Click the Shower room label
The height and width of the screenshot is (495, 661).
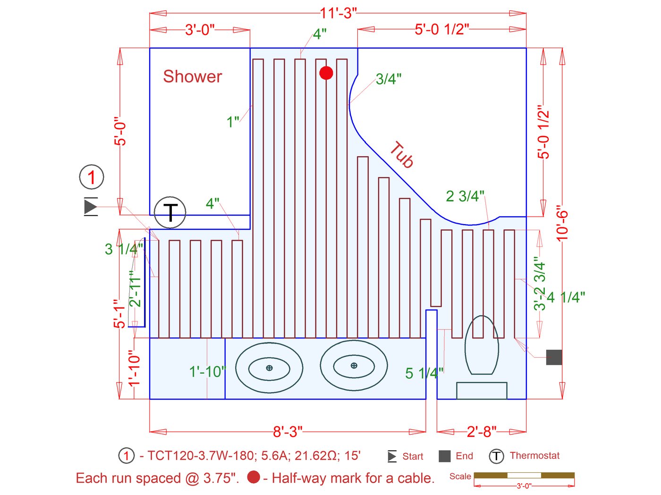pos(193,76)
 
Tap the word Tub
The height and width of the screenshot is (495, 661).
pos(402,154)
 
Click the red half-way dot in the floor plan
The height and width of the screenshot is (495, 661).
pos(326,73)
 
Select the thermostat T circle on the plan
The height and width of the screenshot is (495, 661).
pos(170,212)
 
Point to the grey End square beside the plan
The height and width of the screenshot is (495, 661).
pos(554,357)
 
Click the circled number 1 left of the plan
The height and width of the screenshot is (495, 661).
pos(92,177)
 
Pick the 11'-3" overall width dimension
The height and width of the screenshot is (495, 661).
pos(338,13)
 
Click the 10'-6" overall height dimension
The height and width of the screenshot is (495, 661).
pos(562,224)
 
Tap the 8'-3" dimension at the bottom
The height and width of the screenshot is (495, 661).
pos(288,432)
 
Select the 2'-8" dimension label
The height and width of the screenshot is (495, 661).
pos(482,432)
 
